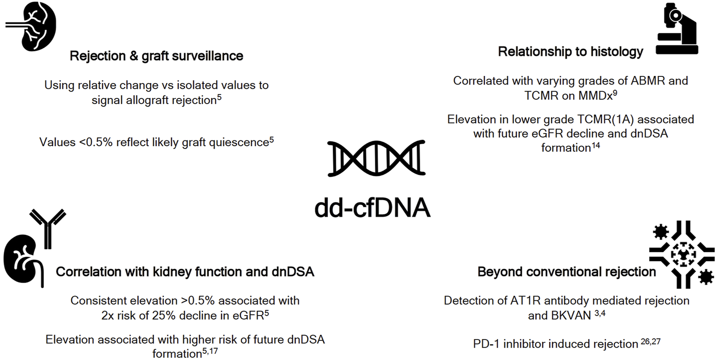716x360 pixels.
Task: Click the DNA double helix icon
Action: coord(376,158)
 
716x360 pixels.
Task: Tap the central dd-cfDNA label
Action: coord(373,208)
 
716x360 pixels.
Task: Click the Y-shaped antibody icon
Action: coord(48,229)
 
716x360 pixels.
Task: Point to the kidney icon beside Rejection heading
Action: coord(32,26)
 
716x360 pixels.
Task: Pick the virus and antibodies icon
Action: coord(682,254)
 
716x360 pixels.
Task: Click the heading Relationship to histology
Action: coord(571,52)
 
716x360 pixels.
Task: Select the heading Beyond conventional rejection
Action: coord(566,272)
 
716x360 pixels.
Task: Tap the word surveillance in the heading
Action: coord(207,56)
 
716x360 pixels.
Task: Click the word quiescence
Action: coord(239,142)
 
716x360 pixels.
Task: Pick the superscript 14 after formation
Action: coord(596,146)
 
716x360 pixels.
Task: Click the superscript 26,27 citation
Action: coord(651,342)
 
